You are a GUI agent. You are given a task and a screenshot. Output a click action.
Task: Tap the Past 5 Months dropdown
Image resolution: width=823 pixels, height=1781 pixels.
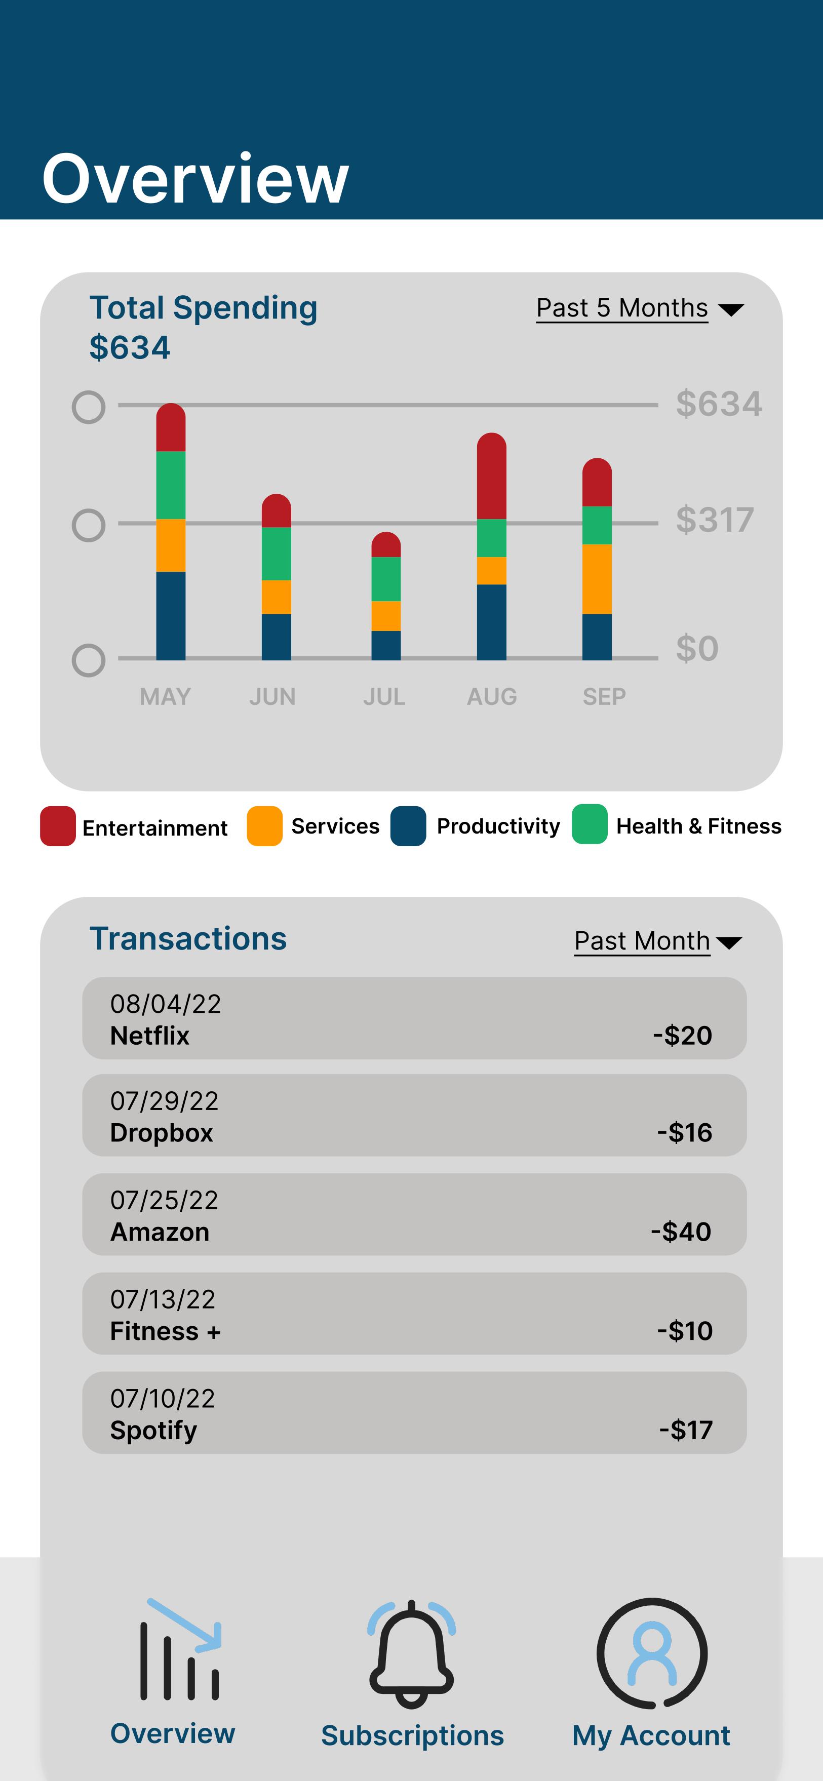pos(639,308)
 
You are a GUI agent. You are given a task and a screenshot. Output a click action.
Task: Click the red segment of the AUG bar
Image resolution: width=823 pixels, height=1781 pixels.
pos(491,477)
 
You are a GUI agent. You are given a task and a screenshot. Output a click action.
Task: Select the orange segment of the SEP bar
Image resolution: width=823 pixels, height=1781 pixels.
pos(597,579)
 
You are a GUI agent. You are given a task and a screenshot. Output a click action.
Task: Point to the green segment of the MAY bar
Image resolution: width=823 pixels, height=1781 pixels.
pos(171,485)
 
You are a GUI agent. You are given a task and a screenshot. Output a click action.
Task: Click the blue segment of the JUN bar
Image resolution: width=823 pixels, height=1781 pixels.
pos(276,636)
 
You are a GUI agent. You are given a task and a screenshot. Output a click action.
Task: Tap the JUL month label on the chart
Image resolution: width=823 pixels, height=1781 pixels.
pos(384,696)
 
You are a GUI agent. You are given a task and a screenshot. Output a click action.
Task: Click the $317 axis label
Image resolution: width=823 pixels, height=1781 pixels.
pos(715,520)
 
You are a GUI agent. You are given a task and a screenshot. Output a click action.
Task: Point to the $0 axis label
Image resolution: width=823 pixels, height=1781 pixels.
pos(697,649)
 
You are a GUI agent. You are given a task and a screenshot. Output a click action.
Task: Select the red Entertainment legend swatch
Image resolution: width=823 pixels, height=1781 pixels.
pos(57,826)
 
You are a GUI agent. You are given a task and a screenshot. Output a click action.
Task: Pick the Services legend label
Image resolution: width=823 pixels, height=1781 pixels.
pos(335,826)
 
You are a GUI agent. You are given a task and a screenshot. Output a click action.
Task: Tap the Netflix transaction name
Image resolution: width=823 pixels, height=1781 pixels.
pos(149,1036)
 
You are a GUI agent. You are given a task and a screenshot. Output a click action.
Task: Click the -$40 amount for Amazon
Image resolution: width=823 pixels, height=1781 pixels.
pos(681,1232)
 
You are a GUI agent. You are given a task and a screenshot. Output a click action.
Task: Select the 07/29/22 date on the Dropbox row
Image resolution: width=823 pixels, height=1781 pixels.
pos(164,1101)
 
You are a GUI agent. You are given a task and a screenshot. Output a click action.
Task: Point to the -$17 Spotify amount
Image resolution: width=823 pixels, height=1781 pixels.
pos(685,1431)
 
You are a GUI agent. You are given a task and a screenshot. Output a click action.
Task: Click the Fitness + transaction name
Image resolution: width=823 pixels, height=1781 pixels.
pos(165,1332)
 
